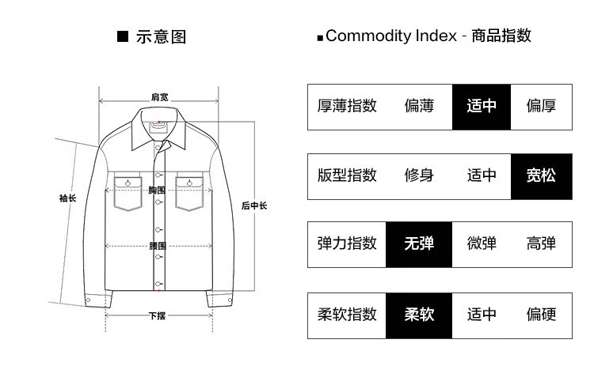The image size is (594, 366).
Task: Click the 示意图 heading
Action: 161,37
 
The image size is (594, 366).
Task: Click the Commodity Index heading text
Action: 428,36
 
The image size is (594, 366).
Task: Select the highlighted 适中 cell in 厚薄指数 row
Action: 482,106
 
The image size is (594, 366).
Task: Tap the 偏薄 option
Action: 419,106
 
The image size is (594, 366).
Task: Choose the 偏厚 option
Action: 541,106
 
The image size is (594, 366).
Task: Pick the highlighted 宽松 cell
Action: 541,175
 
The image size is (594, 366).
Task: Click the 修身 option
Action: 419,175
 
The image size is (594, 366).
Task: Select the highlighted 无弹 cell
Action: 419,243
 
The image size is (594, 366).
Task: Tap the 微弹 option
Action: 482,243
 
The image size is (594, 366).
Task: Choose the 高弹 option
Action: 541,243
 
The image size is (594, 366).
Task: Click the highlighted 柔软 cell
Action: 419,314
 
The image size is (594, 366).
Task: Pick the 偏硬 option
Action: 541,314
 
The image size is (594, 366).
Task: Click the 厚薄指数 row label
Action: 347,106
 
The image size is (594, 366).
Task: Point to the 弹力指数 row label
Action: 347,243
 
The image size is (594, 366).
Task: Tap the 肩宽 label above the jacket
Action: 159,97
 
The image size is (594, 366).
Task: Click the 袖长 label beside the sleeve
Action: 67,198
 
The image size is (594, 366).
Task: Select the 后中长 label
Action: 254,206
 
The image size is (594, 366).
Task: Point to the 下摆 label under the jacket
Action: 157,316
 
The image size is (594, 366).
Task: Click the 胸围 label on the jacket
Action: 157,191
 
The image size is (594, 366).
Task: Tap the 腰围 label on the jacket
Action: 158,246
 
